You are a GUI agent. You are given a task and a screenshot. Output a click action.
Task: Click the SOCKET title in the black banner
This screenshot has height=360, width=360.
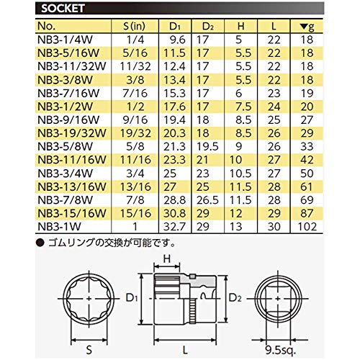(x=63, y=9)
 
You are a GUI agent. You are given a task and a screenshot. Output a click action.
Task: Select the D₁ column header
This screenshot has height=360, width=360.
(x=174, y=26)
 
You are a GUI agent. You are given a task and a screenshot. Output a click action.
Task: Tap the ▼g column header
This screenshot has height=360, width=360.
(x=307, y=27)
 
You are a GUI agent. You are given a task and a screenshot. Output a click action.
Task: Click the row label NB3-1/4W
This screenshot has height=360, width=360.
(x=65, y=40)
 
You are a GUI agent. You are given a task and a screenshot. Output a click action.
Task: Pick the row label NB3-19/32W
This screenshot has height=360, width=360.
(x=72, y=133)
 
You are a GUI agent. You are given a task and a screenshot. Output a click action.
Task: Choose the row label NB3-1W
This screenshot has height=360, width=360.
(x=59, y=227)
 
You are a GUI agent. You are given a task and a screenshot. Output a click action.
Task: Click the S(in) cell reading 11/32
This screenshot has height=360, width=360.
(x=135, y=66)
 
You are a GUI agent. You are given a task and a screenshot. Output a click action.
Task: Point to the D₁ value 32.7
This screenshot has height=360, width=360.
(x=174, y=227)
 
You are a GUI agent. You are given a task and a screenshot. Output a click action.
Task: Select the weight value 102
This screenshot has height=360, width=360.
(x=307, y=227)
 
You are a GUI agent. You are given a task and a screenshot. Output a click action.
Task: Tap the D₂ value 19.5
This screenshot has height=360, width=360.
(x=207, y=147)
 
